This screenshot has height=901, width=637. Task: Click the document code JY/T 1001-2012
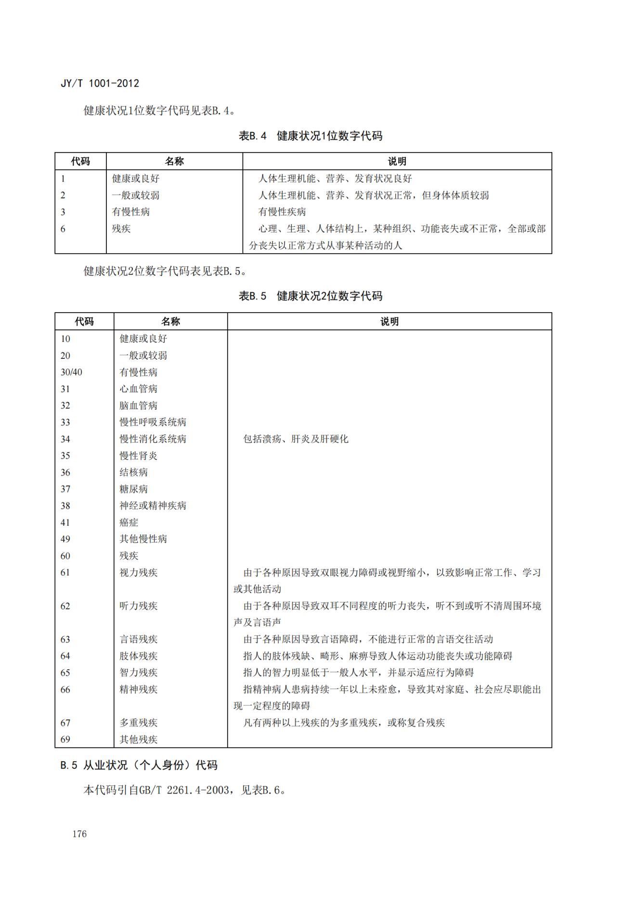(100, 83)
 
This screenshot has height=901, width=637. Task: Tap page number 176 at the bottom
(79, 834)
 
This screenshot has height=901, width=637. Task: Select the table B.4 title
(311, 136)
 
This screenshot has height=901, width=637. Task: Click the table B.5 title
(311, 296)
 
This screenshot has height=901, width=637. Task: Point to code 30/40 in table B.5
(71, 372)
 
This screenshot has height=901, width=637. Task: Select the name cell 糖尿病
(133, 489)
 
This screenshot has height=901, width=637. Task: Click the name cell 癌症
(129, 522)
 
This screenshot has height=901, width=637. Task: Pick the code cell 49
(65, 539)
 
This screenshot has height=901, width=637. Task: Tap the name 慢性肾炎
(138, 456)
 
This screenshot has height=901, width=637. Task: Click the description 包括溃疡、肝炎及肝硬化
(296, 439)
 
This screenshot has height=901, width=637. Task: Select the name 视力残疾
(138, 572)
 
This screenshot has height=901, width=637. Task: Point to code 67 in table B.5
(65, 722)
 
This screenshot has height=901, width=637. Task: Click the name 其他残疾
(138, 739)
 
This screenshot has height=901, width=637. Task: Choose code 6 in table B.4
(63, 229)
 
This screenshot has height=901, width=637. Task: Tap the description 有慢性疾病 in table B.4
(282, 212)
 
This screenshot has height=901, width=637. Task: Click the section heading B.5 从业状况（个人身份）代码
(139, 765)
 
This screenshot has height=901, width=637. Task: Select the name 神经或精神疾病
(153, 506)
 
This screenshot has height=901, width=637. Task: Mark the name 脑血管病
(138, 405)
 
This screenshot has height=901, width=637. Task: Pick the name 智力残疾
(138, 672)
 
